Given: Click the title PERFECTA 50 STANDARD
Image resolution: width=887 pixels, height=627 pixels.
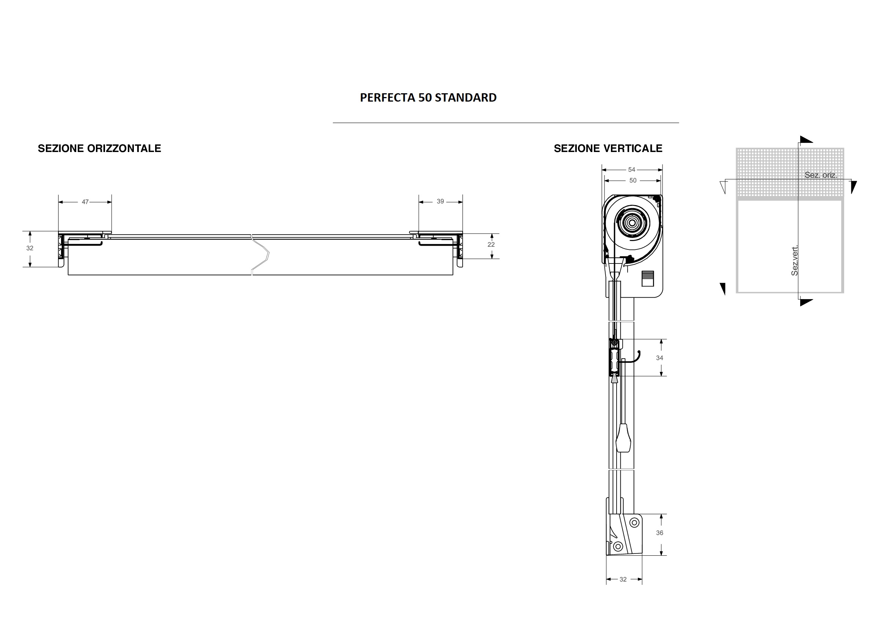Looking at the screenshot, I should (x=428, y=98).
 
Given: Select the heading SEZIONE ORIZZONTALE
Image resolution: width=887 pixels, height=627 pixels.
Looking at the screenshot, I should (x=99, y=149).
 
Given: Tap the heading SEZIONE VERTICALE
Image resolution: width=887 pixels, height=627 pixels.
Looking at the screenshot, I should (x=608, y=149).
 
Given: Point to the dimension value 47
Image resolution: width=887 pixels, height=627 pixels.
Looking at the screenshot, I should (x=85, y=202).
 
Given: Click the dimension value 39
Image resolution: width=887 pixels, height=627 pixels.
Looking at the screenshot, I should (x=440, y=202).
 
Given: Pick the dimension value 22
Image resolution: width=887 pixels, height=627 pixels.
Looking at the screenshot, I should (x=491, y=245).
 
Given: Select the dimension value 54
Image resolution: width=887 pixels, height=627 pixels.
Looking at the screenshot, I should (x=632, y=170).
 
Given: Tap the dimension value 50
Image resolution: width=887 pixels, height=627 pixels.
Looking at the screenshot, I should (x=633, y=181).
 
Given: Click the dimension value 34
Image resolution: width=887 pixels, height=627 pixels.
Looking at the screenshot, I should (x=659, y=358).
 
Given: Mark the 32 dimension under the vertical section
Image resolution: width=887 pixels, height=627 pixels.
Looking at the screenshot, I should (x=623, y=580).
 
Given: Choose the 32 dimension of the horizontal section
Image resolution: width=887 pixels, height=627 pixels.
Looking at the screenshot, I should (x=30, y=248).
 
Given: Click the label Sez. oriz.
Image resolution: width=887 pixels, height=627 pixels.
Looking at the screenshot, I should (x=821, y=175).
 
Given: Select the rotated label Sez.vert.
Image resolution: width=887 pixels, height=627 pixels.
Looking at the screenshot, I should (x=795, y=261).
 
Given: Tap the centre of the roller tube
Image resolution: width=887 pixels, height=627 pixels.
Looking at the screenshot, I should (x=632, y=223).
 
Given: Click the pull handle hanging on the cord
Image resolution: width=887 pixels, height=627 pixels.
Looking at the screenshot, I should (x=624, y=438).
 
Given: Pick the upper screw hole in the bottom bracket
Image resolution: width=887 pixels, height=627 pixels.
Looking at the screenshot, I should (x=634, y=523).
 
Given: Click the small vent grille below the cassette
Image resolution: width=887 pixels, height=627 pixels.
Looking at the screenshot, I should (x=647, y=278).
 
